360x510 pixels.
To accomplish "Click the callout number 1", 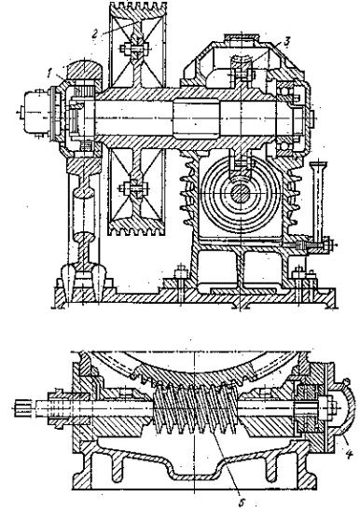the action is (49, 74).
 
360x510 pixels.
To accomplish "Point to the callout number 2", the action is (94, 34).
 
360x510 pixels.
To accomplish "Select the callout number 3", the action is (286, 42).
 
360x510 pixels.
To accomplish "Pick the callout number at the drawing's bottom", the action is (242, 503).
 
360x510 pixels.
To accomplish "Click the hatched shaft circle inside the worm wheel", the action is (241, 194).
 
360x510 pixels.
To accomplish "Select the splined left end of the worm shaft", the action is (23, 408).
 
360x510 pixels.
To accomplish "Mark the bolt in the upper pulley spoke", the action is (136, 48).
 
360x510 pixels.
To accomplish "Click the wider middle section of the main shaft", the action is (196, 119).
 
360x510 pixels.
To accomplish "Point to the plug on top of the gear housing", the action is (242, 37).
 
